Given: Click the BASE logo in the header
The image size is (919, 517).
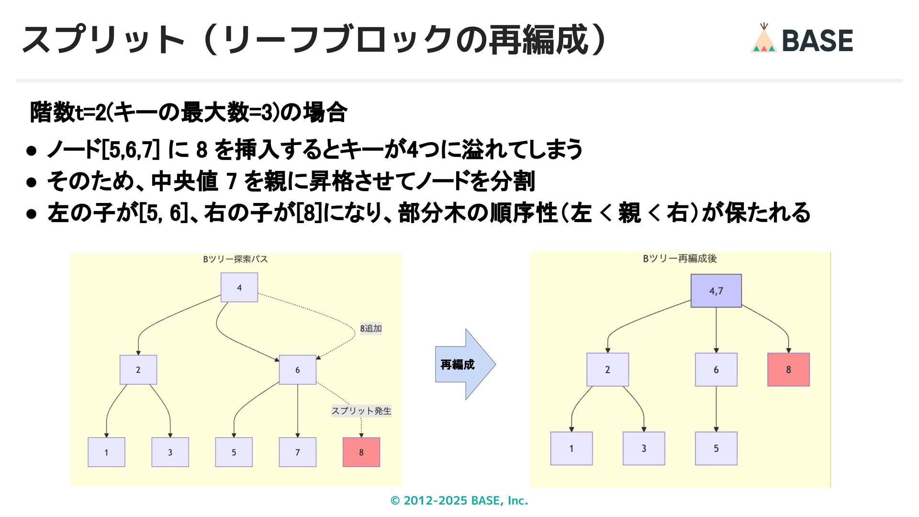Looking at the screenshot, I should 802,39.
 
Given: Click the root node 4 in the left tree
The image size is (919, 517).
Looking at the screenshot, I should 239,287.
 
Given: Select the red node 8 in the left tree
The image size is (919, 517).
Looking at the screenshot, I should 361,452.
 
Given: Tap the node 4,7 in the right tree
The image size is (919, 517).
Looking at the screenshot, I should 716,291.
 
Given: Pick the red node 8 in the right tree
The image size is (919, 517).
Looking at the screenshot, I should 788,370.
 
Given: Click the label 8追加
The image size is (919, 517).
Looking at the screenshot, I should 371,328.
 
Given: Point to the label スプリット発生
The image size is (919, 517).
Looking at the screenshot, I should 361,411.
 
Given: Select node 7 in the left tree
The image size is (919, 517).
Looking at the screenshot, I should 297,452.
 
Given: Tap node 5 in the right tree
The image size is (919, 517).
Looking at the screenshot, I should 716,449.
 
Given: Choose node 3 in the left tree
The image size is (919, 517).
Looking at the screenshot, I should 170,452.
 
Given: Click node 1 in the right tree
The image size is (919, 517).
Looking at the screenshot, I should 571,449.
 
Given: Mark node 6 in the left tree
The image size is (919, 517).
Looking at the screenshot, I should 297,370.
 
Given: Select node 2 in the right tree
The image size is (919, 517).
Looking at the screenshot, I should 607,370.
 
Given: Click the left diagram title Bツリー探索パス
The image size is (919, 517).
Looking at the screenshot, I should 235,259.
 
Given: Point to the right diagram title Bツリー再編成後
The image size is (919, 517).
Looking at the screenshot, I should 680,258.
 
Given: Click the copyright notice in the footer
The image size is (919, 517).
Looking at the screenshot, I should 459,501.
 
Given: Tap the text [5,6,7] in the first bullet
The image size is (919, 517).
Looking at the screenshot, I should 130,150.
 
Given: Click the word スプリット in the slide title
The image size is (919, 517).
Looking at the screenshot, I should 103,40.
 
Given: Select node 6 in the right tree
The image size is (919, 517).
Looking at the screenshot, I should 716,370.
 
